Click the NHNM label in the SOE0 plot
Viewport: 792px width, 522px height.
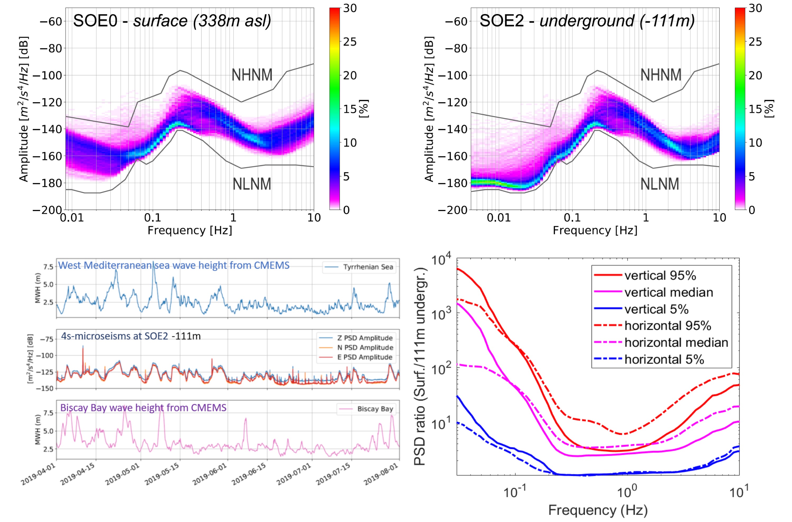[x=252, y=75]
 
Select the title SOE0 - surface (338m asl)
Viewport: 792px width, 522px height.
[x=172, y=21]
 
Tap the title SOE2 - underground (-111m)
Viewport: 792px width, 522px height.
[x=587, y=21]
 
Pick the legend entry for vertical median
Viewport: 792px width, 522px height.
[x=669, y=292]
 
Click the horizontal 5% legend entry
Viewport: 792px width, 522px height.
[x=664, y=360]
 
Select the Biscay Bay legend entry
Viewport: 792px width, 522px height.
[x=375, y=409]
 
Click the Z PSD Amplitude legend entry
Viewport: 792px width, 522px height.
[x=365, y=338]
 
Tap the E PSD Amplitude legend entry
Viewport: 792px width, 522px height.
[x=365, y=357]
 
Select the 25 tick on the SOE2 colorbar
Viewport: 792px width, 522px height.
[x=755, y=42]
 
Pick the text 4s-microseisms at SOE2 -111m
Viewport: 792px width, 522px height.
[x=131, y=336]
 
